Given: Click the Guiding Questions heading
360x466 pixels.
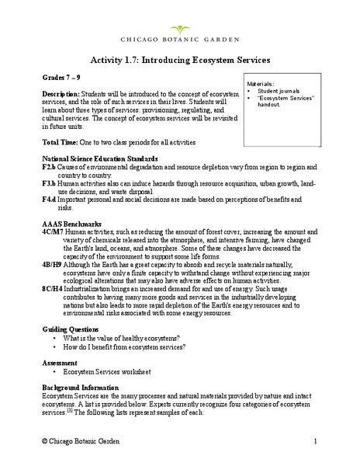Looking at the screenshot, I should coord(74,330).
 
